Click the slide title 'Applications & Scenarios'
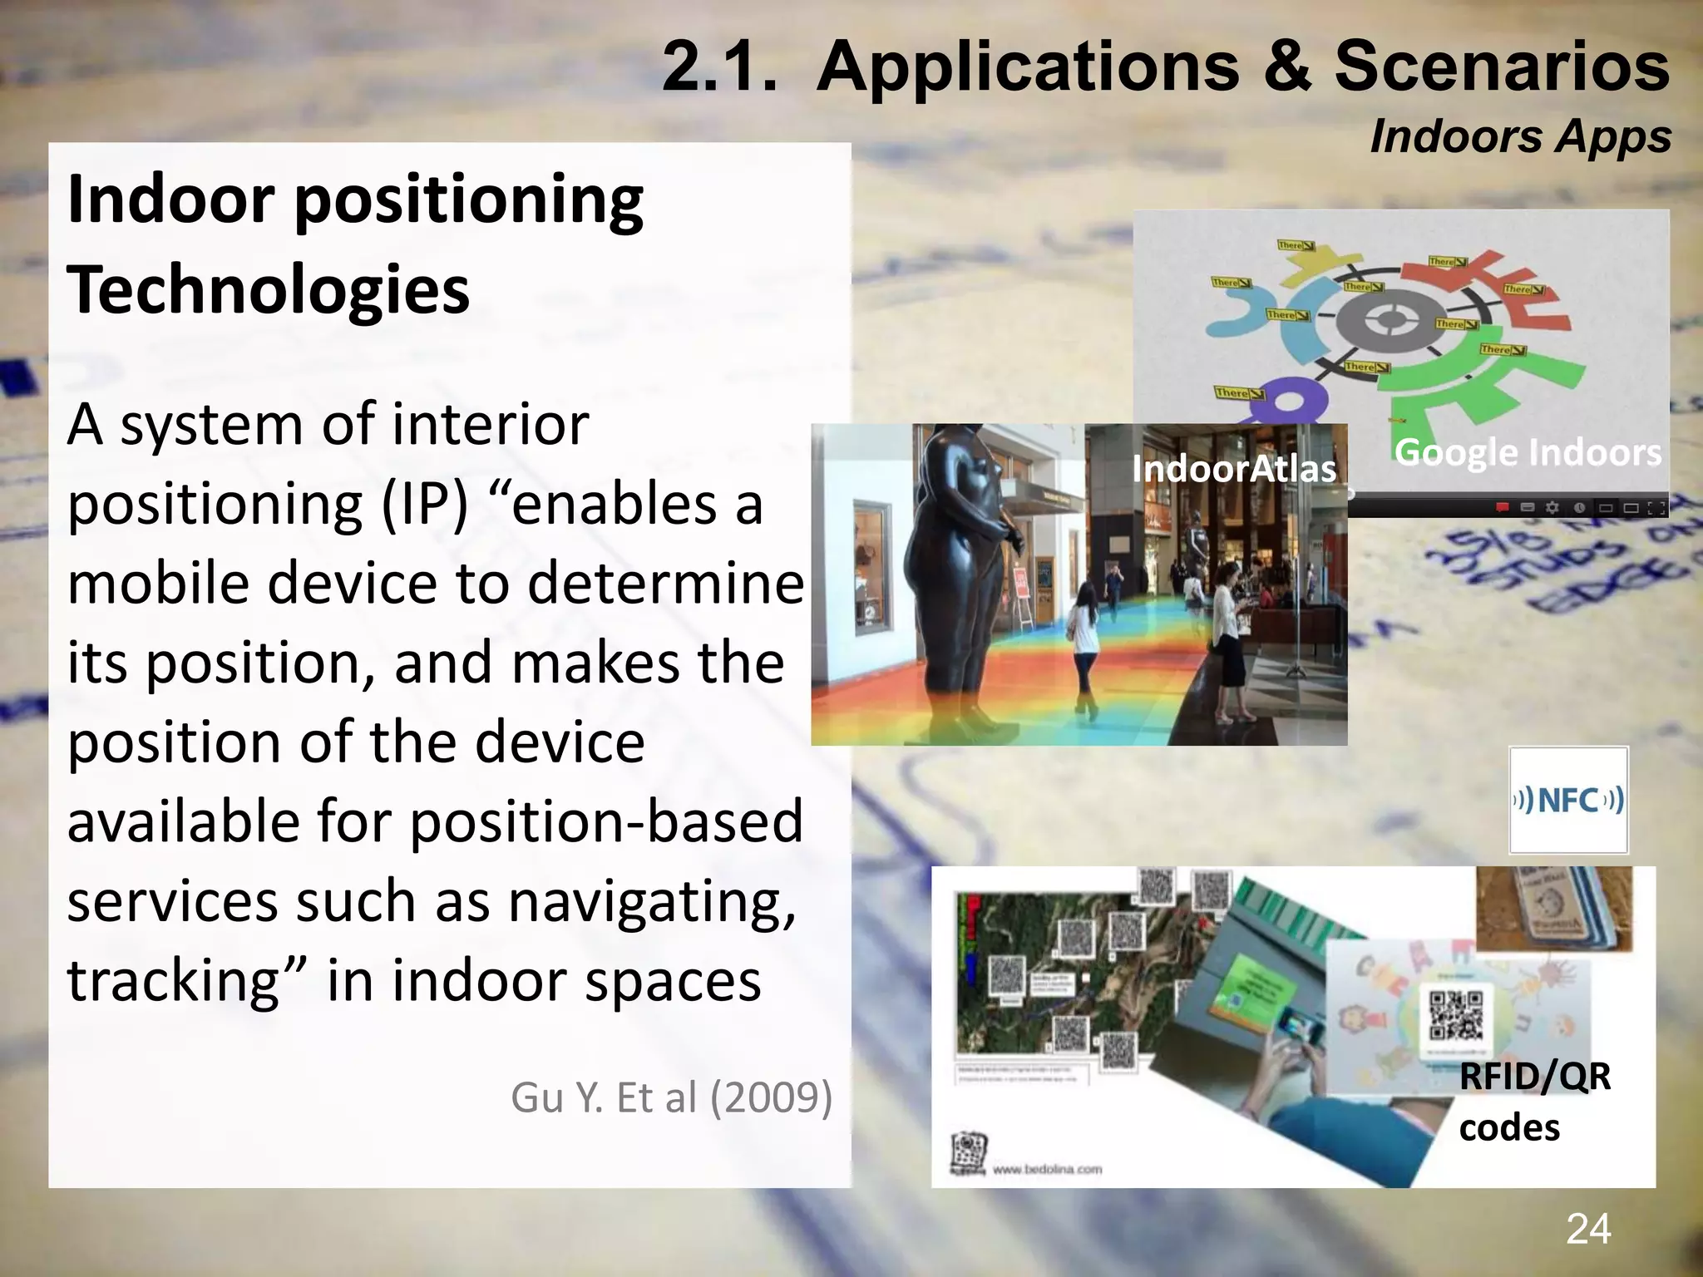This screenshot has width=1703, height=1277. (1242, 67)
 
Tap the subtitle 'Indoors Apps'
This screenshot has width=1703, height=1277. (1520, 136)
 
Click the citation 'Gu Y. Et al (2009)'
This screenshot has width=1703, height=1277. (671, 1097)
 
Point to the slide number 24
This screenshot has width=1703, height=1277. (1588, 1229)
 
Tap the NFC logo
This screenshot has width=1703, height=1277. (1568, 801)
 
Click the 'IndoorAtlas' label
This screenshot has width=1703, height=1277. (1234, 469)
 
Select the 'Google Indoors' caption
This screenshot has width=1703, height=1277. (1528, 453)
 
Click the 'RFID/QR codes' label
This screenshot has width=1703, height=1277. (1534, 1102)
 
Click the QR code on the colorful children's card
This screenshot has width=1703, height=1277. (1455, 1015)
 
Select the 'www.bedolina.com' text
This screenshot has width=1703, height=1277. (1047, 1170)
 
